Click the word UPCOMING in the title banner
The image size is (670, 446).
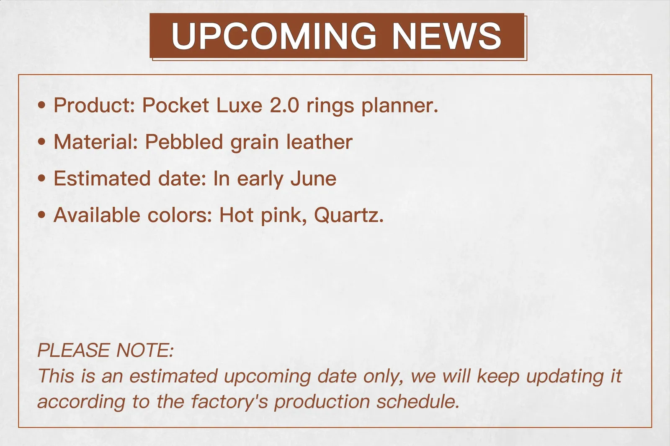[x=274, y=36]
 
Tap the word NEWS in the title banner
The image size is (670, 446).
[x=446, y=36]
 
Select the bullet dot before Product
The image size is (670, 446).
[x=41, y=105]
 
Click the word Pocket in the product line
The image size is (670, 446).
[x=175, y=105]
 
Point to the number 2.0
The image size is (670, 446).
[x=284, y=105]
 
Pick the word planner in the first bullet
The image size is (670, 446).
[x=399, y=106]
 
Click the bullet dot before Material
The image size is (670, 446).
[x=41, y=142]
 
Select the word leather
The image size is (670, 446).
[x=319, y=142]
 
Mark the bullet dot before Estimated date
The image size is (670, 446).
[x=41, y=179]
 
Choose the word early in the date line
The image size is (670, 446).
[x=260, y=180]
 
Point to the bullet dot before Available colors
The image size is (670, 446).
[x=41, y=215]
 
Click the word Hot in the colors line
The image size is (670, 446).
[x=237, y=215]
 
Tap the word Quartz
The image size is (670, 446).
[x=348, y=215]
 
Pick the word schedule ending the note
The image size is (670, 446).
[x=418, y=401]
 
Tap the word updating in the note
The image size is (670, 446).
[x=565, y=377]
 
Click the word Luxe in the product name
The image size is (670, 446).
[x=239, y=105]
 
